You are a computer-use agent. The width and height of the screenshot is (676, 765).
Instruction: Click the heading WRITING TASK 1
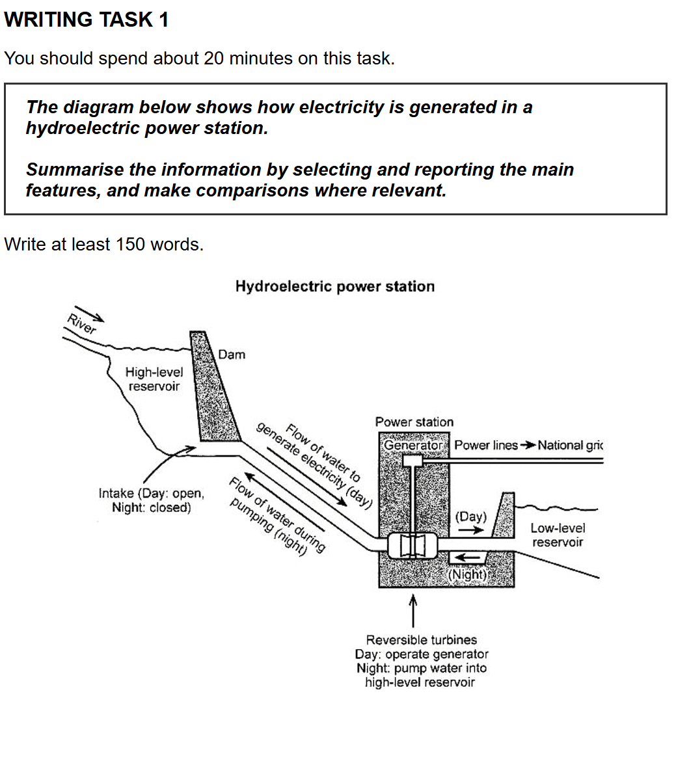click(86, 20)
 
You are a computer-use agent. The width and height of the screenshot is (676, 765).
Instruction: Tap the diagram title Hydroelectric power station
click(335, 286)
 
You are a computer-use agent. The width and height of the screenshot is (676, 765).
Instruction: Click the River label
click(81, 324)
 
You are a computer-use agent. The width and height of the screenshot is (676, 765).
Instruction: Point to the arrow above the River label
click(90, 314)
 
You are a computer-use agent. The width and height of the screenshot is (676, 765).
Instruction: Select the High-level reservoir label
click(154, 379)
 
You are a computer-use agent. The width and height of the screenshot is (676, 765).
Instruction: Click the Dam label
click(232, 355)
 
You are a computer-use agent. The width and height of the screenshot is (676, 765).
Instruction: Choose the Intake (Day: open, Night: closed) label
click(152, 500)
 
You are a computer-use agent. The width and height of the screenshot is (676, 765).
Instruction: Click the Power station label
click(414, 422)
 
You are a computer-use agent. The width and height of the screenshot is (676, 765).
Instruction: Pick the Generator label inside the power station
click(413, 445)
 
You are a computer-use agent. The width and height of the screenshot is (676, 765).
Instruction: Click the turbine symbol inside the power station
click(412, 546)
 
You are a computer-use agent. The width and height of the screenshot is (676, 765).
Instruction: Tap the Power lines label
click(486, 445)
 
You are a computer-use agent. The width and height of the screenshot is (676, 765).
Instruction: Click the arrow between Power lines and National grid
click(528, 445)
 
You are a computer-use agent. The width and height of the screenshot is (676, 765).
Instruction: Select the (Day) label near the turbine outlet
click(471, 517)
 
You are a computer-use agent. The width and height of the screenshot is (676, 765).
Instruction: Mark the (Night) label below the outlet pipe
click(468, 574)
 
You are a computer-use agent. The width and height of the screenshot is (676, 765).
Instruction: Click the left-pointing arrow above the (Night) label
click(467, 557)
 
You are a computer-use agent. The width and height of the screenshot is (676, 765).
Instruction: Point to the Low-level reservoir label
click(558, 535)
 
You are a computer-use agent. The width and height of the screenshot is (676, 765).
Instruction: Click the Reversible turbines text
click(422, 639)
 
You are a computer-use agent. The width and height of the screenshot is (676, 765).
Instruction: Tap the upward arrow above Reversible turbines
click(413, 610)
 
